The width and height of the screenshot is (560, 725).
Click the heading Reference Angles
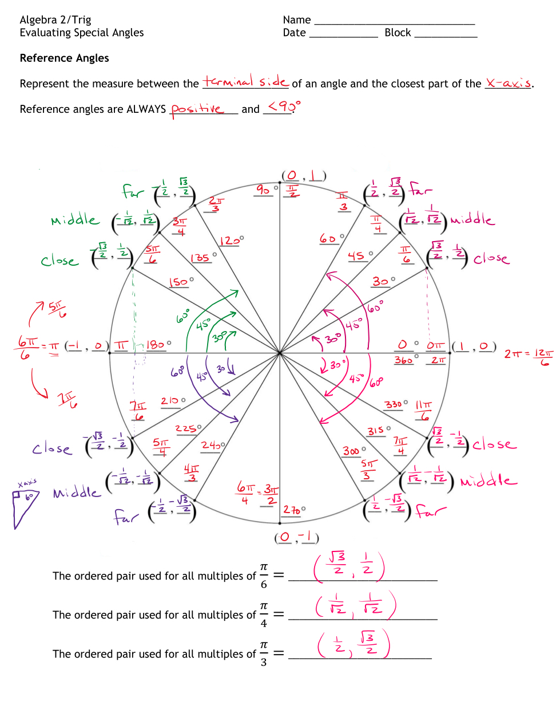pos(64,58)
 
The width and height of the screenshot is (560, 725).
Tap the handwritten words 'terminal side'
pos(245,82)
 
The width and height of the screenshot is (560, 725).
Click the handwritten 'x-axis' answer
pos(508,83)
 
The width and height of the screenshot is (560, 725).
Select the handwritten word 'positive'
pos(197,108)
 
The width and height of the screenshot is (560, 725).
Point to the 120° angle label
pos(231,241)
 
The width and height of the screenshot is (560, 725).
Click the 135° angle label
pos(204,258)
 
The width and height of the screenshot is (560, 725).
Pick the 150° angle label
pos(181,282)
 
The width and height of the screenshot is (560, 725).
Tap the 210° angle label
pos(172,401)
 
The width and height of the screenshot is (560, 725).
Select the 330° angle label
pos(396,404)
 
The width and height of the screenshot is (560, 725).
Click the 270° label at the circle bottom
pos(294,510)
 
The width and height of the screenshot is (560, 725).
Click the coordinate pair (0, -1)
pos(296,537)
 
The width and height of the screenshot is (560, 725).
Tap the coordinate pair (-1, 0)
pos(86,346)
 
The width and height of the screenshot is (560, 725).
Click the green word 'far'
pos(133,191)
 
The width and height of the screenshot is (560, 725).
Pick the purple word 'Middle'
pos(77,492)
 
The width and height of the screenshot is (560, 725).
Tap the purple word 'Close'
pos(52,448)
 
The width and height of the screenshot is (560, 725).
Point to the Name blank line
pos(394,21)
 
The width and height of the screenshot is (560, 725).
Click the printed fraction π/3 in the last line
pos(264,653)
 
